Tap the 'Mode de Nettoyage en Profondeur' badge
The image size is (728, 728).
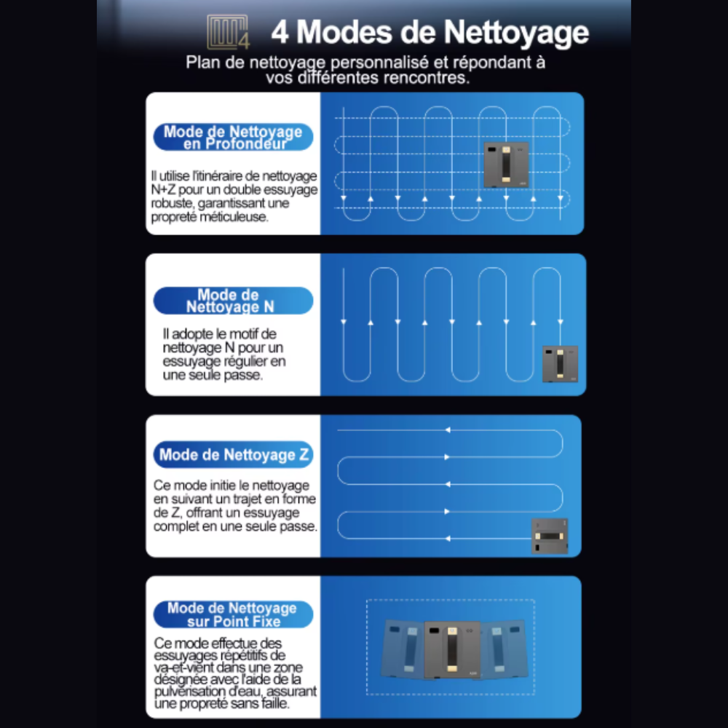click(x=233, y=137)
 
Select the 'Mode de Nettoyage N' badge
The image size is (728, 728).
click(x=233, y=301)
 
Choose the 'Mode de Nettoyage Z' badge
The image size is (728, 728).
click(x=233, y=456)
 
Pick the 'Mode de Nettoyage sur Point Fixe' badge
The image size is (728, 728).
click(x=233, y=614)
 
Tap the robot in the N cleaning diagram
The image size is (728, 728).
click(x=560, y=364)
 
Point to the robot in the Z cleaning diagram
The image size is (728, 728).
click(x=550, y=537)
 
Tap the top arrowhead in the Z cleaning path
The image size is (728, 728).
click(x=448, y=430)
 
